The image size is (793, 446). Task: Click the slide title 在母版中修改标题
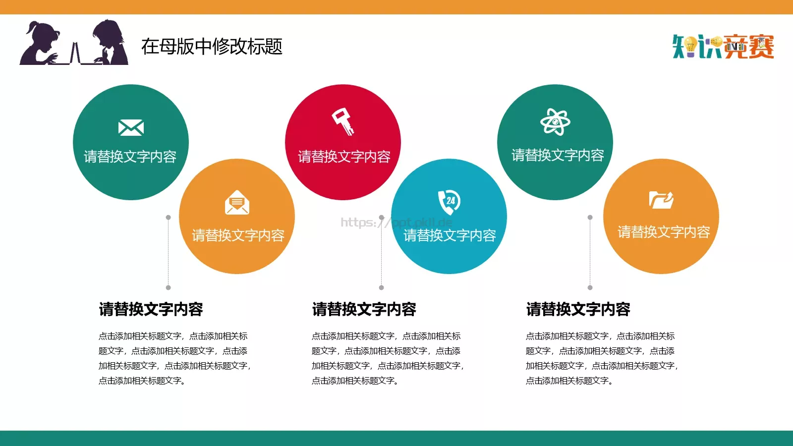[212, 47]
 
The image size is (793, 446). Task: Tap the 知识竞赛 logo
[723, 47]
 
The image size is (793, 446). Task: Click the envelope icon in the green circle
[131, 127]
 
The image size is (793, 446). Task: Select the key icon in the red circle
[343, 122]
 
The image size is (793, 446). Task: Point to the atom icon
[555, 121]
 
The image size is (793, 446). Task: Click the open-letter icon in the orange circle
[237, 202]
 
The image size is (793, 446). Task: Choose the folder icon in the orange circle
[661, 200]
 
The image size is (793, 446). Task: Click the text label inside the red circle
[344, 157]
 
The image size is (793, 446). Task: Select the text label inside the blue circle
[450, 235]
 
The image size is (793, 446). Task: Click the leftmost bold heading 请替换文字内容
[151, 309]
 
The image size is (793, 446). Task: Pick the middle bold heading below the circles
[364, 309]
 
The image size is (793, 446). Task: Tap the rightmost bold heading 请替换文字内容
[578, 309]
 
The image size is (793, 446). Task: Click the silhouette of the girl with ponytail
[40, 45]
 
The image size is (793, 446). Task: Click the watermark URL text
[396, 222]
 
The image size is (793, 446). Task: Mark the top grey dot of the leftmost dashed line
[169, 218]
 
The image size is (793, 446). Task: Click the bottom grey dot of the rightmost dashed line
[590, 287]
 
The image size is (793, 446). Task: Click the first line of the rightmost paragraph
[600, 336]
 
